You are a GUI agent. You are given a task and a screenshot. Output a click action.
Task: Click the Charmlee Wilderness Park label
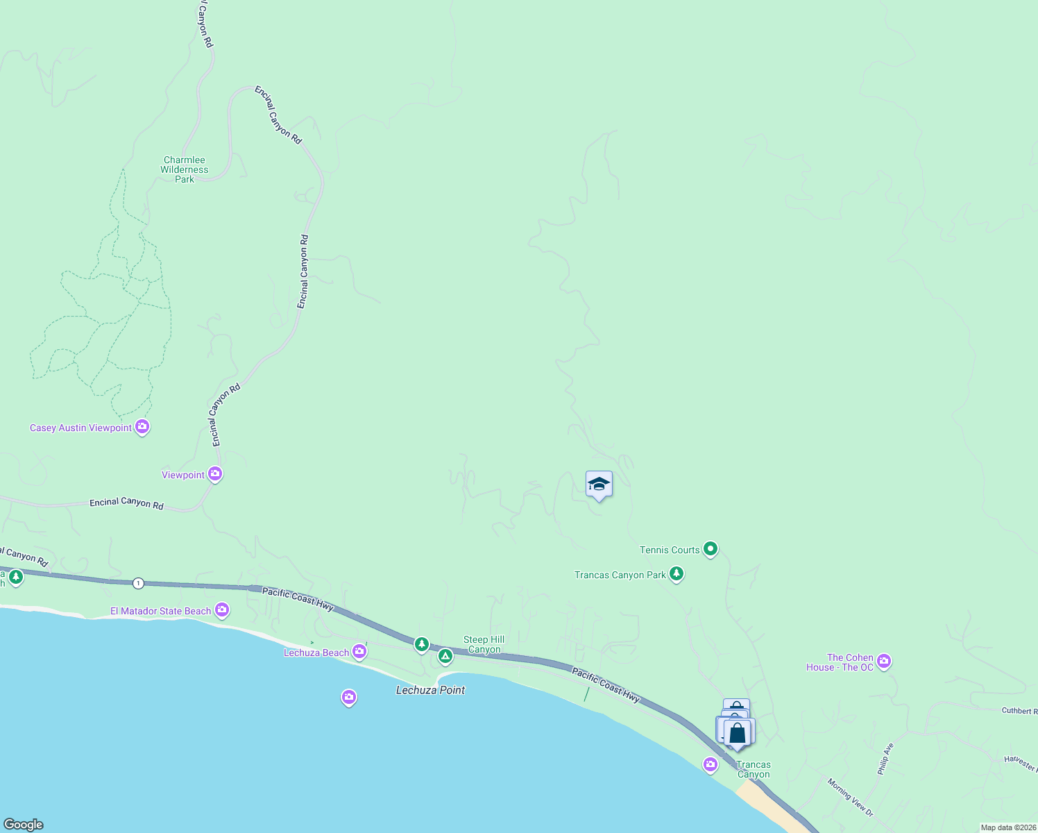185,169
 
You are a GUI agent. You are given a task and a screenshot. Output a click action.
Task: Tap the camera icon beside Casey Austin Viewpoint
142,427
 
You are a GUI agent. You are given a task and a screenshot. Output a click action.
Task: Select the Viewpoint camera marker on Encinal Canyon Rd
215,474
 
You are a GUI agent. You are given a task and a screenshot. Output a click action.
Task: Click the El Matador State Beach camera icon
222,610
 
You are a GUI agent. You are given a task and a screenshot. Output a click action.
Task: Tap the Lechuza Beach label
316,653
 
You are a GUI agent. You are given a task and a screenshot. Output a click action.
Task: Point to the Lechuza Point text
430,690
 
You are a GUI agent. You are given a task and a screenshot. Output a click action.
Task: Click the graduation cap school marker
598,484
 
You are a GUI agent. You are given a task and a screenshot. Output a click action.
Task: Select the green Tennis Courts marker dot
710,549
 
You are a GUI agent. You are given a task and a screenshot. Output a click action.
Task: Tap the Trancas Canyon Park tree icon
677,574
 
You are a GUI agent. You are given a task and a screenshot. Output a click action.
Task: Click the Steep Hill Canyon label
484,645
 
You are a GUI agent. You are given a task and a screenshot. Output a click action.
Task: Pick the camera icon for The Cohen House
883,661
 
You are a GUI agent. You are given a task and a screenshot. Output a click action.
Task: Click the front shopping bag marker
738,733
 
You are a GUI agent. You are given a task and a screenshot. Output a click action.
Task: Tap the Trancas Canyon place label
754,769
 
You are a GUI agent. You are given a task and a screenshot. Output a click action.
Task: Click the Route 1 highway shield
139,583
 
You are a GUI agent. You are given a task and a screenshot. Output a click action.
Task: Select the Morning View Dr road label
850,796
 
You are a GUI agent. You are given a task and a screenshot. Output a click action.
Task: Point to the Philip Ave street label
885,759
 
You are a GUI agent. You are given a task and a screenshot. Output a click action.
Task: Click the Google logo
24,825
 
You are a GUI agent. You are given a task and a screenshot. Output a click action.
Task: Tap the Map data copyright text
1007,827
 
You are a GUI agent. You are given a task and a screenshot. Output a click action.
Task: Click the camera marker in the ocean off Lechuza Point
349,697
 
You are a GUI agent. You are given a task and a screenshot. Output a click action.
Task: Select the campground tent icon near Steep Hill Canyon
445,655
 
